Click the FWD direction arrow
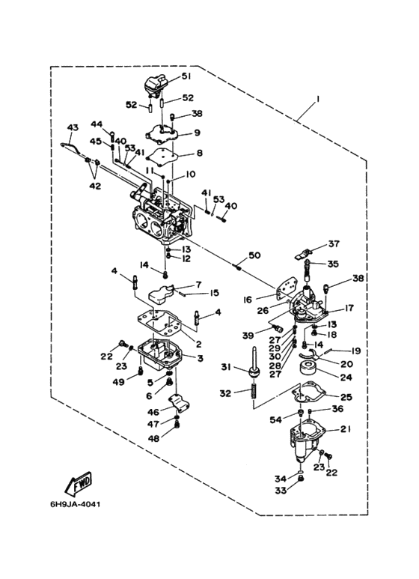[78, 483]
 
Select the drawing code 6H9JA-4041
[76, 504]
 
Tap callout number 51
[186, 76]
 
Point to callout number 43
[73, 128]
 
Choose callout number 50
[254, 255]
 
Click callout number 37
[334, 243]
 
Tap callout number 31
[226, 367]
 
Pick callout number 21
[346, 429]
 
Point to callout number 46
[153, 412]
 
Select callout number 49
[118, 383]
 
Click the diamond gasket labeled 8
[160, 156]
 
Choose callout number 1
[317, 99]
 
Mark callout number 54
[275, 420]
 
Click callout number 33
[281, 491]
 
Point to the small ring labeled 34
[301, 473]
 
